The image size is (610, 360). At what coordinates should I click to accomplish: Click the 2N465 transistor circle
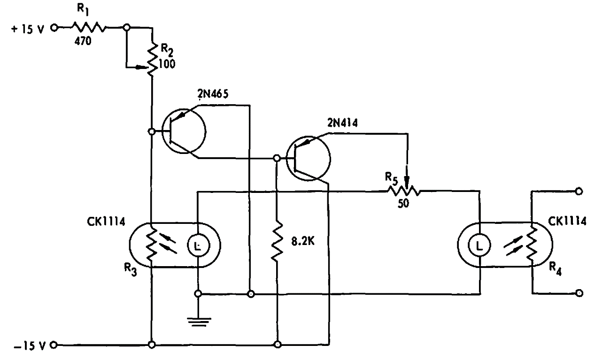point(184,132)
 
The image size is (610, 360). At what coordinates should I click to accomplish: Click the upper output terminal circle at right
point(579,191)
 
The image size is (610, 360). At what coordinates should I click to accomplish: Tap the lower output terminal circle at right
point(579,293)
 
